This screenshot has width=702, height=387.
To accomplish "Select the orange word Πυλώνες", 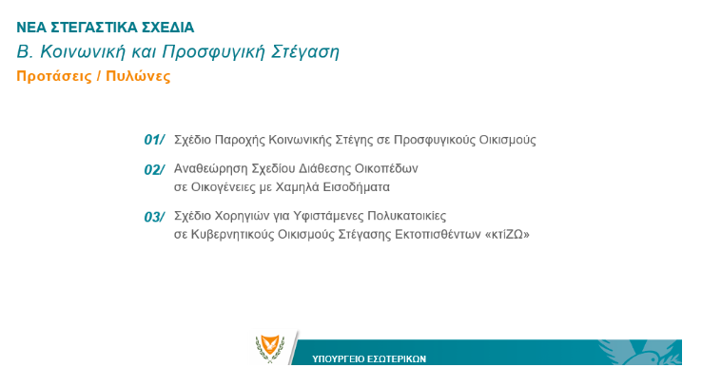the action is pyautogui.click(x=138, y=76).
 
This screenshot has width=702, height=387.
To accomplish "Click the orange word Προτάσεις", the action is pyautogui.click(x=54, y=76).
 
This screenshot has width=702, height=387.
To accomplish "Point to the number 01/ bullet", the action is pyautogui.click(x=154, y=140).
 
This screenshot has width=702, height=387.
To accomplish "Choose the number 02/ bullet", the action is pyautogui.click(x=154, y=170).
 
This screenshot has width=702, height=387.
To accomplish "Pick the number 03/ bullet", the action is pyautogui.click(x=154, y=218).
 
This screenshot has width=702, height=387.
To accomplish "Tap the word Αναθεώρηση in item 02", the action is pyautogui.click(x=210, y=168).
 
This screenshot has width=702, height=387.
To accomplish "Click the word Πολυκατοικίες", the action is pyautogui.click(x=406, y=216).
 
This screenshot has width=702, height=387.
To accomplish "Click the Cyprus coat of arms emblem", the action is pyautogui.click(x=270, y=349).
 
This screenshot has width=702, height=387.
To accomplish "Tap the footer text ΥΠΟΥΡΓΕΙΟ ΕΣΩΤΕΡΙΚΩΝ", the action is pyautogui.click(x=369, y=358).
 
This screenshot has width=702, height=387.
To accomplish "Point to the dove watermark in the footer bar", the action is pyautogui.click(x=640, y=352).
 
